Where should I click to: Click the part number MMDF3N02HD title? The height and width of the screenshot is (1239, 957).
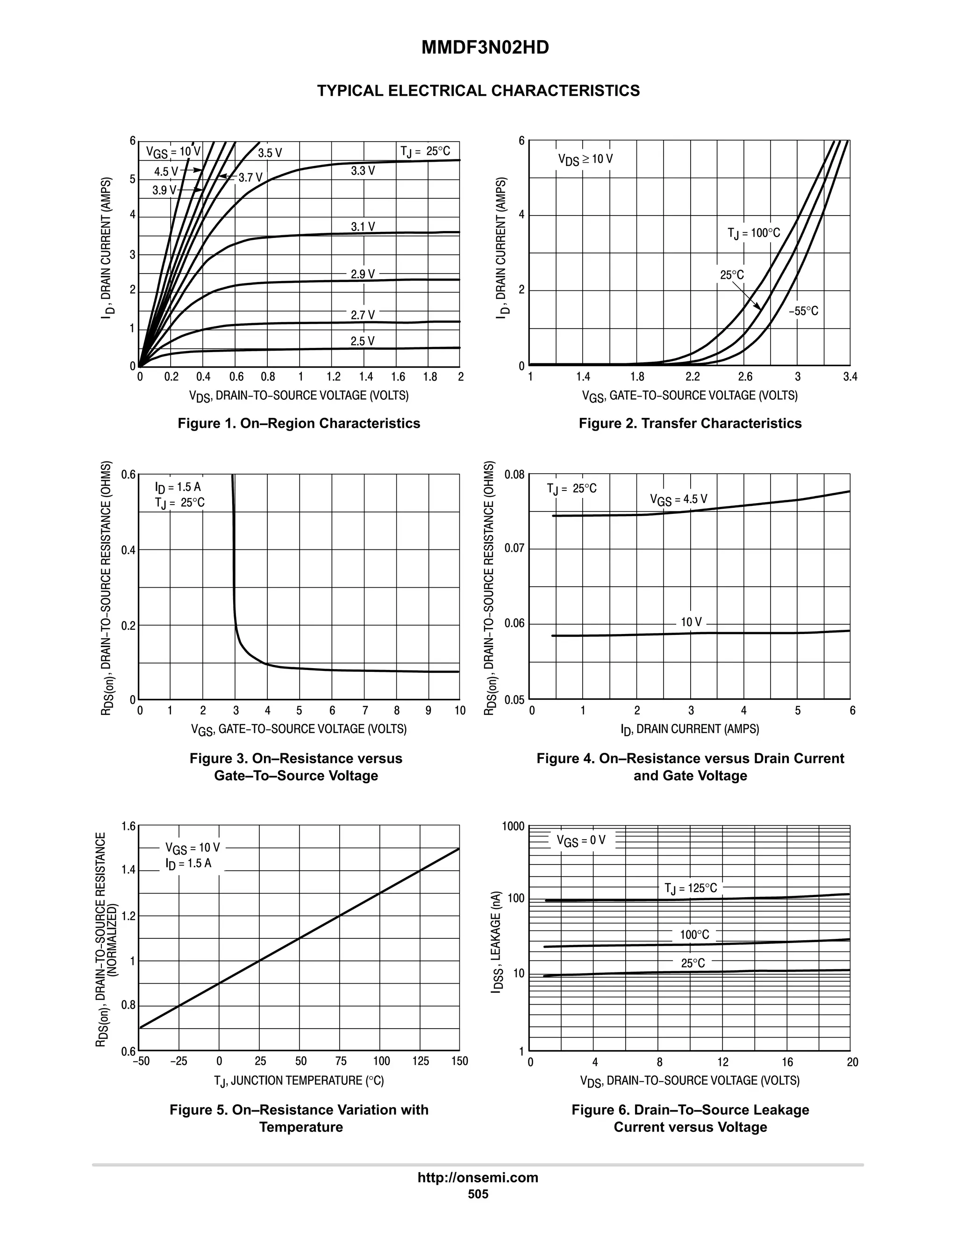pyautogui.click(x=485, y=48)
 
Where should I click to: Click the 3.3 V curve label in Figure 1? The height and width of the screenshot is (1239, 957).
pyautogui.click(x=362, y=171)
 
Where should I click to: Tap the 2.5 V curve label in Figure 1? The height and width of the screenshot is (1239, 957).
pyautogui.click(x=362, y=341)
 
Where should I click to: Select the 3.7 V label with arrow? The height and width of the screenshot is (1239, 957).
pyautogui.click(x=250, y=178)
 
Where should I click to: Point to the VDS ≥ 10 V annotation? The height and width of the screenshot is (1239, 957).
pyautogui.click(x=585, y=159)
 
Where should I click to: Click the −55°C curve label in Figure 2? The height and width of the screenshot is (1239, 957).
pyautogui.click(x=803, y=311)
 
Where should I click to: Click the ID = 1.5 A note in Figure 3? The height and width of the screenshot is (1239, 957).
pyautogui.click(x=178, y=487)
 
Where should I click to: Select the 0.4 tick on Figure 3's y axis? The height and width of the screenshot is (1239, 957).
pyautogui.click(x=129, y=550)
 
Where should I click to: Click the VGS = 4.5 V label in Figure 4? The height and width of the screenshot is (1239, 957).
pyautogui.click(x=678, y=499)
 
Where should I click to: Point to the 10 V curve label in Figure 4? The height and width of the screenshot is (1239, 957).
pyautogui.click(x=691, y=622)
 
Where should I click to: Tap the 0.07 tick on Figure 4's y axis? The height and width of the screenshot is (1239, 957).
pyautogui.click(x=515, y=548)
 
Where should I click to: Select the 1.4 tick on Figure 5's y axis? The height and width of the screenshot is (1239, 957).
pyautogui.click(x=129, y=870)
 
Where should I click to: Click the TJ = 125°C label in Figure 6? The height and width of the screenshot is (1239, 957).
pyautogui.click(x=690, y=888)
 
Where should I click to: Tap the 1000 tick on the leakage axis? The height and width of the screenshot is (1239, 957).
pyautogui.click(x=513, y=827)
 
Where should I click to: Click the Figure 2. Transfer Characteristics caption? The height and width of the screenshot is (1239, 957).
pyautogui.click(x=690, y=423)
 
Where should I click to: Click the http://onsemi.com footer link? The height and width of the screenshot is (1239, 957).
pyautogui.click(x=478, y=1178)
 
